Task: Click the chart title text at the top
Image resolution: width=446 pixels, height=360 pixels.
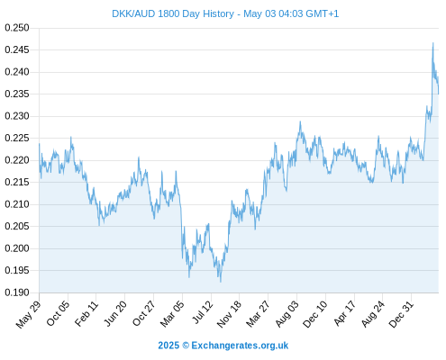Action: (x=225, y=13)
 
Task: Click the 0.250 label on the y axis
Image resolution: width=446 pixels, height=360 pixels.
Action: (x=17, y=28)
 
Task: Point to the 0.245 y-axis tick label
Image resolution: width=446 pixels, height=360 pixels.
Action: (x=17, y=49)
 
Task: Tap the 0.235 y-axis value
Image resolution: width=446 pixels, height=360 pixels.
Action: (x=17, y=94)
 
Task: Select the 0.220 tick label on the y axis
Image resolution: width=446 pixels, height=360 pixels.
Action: (x=17, y=160)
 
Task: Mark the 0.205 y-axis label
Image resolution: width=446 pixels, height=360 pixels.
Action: (x=17, y=226)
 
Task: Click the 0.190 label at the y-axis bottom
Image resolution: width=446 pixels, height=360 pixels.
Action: (x=17, y=292)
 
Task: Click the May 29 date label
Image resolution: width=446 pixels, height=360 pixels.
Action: (x=28, y=314)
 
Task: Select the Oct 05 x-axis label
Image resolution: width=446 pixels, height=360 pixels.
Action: (x=58, y=313)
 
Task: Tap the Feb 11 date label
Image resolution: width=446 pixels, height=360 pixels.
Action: (x=86, y=313)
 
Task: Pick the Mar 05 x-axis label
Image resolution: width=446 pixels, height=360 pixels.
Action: (x=172, y=313)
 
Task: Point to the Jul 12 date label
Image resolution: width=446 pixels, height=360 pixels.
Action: (x=203, y=312)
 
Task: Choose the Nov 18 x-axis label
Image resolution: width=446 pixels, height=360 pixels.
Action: (x=229, y=314)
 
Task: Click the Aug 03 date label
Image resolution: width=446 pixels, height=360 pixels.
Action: (x=287, y=313)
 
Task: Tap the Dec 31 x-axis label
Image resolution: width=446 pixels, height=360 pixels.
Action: (x=401, y=314)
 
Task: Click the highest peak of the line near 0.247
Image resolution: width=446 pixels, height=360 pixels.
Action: (x=432, y=43)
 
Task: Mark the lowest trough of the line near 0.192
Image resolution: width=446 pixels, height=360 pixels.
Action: (x=221, y=282)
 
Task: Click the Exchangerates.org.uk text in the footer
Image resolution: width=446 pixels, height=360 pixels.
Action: (x=240, y=346)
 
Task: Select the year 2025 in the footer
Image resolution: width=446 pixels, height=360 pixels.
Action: (x=168, y=346)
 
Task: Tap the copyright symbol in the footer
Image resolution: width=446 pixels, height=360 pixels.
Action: (x=186, y=346)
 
